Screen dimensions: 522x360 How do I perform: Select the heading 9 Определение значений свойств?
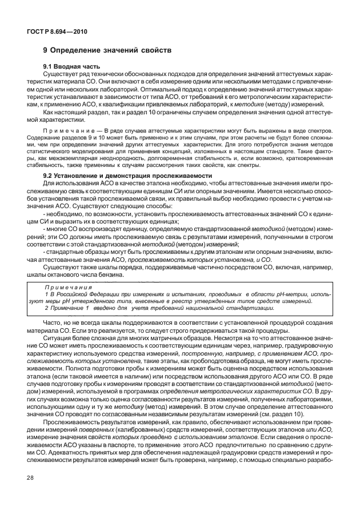coord(108,50)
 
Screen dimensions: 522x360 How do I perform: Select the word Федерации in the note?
coord(102,293)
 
